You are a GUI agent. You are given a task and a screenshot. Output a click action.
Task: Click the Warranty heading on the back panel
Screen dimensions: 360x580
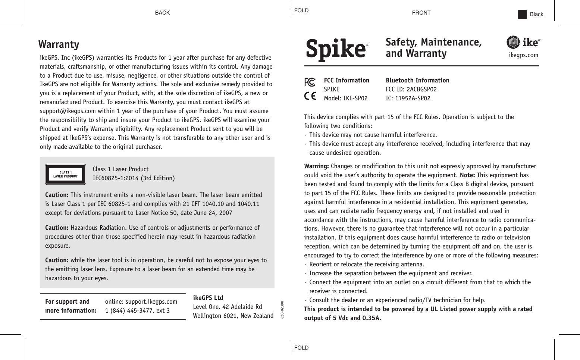pos(59,44)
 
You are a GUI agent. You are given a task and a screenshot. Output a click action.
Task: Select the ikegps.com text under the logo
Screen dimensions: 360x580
pos(523,55)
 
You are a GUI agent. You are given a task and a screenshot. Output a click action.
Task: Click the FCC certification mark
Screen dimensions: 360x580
pos(310,82)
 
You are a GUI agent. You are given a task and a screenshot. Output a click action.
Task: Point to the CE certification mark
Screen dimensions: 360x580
pos(310,96)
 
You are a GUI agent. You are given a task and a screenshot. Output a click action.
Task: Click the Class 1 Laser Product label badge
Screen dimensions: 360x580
pos(66,175)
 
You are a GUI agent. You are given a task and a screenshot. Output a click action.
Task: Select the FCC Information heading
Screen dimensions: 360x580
pos(347,80)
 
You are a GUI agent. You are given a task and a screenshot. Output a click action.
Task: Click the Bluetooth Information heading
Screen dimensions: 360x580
pos(417,80)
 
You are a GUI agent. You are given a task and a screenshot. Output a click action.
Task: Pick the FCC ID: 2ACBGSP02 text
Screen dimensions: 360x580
pos(411,89)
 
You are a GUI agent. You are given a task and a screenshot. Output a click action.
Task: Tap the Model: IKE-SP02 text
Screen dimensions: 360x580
pos(345,98)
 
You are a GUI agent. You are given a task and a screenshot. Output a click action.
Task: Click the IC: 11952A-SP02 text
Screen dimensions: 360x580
pos(408,98)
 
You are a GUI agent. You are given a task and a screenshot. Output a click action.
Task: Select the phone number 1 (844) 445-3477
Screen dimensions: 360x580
pos(137,310)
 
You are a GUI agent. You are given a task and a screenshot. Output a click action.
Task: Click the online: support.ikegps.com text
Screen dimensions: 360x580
pos(141,301)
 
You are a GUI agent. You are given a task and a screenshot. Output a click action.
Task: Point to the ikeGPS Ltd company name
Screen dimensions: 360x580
pos(208,298)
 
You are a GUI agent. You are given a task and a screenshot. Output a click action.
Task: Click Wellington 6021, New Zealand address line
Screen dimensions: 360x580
pos(233,316)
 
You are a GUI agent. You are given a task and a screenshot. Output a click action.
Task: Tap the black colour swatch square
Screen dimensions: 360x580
pos(522,14)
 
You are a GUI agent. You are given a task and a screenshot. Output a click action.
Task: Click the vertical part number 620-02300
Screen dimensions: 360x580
pos(282,309)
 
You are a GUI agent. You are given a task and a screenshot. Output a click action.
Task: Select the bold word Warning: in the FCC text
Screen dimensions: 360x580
pos(316,166)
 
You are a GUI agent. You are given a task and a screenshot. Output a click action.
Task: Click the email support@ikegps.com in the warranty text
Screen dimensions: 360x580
pos(68,111)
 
